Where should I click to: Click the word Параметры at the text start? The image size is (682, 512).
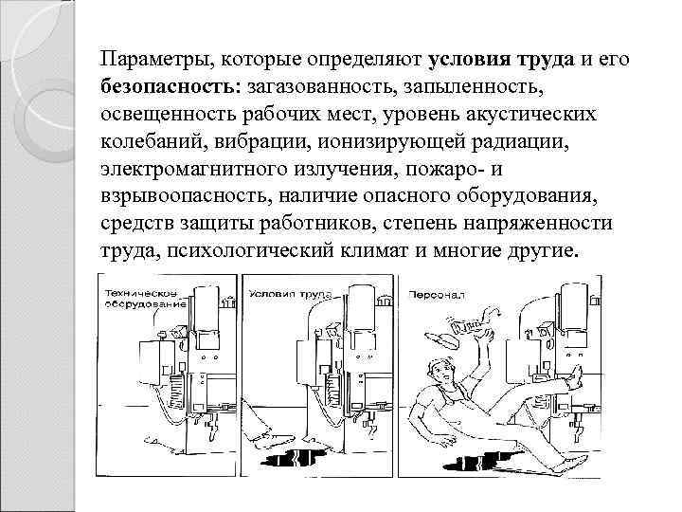click(155, 59)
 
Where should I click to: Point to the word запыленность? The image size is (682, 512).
click(485, 86)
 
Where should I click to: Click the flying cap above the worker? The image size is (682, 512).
click(440, 336)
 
